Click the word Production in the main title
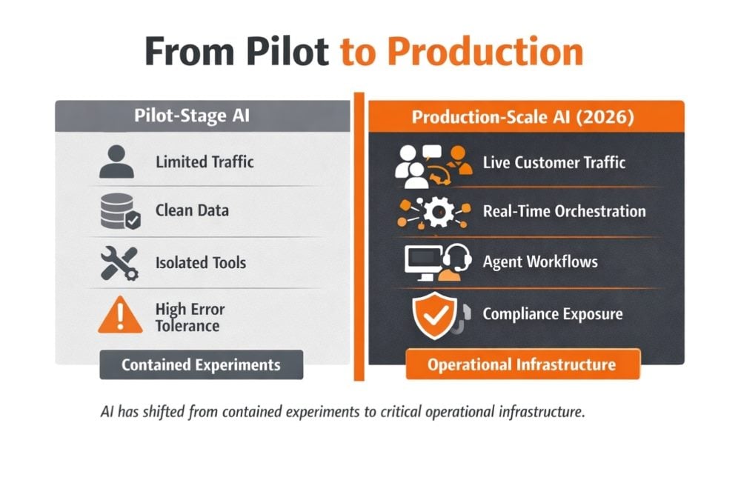[485, 51]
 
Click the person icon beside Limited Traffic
[117, 161]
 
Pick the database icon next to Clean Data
[120, 211]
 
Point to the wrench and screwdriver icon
[119, 263]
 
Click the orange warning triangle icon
[121, 315]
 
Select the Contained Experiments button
[202, 364]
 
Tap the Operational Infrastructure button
[522, 364]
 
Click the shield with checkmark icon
[434, 315]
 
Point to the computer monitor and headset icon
[438, 263]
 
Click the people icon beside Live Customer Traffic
[433, 166]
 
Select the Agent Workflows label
[540, 261]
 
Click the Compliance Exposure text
[553, 313]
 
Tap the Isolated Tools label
[201, 263]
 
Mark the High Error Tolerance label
[190, 318]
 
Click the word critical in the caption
[402, 412]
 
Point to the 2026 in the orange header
[605, 117]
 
